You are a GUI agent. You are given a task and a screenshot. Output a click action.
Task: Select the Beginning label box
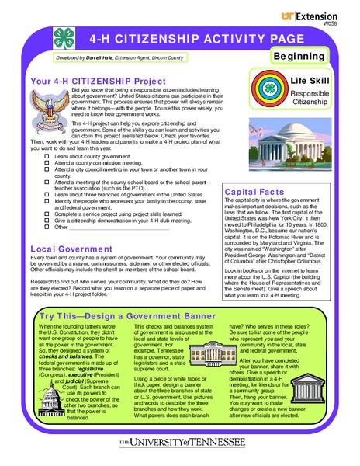pyautogui.click(x=299, y=57)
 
